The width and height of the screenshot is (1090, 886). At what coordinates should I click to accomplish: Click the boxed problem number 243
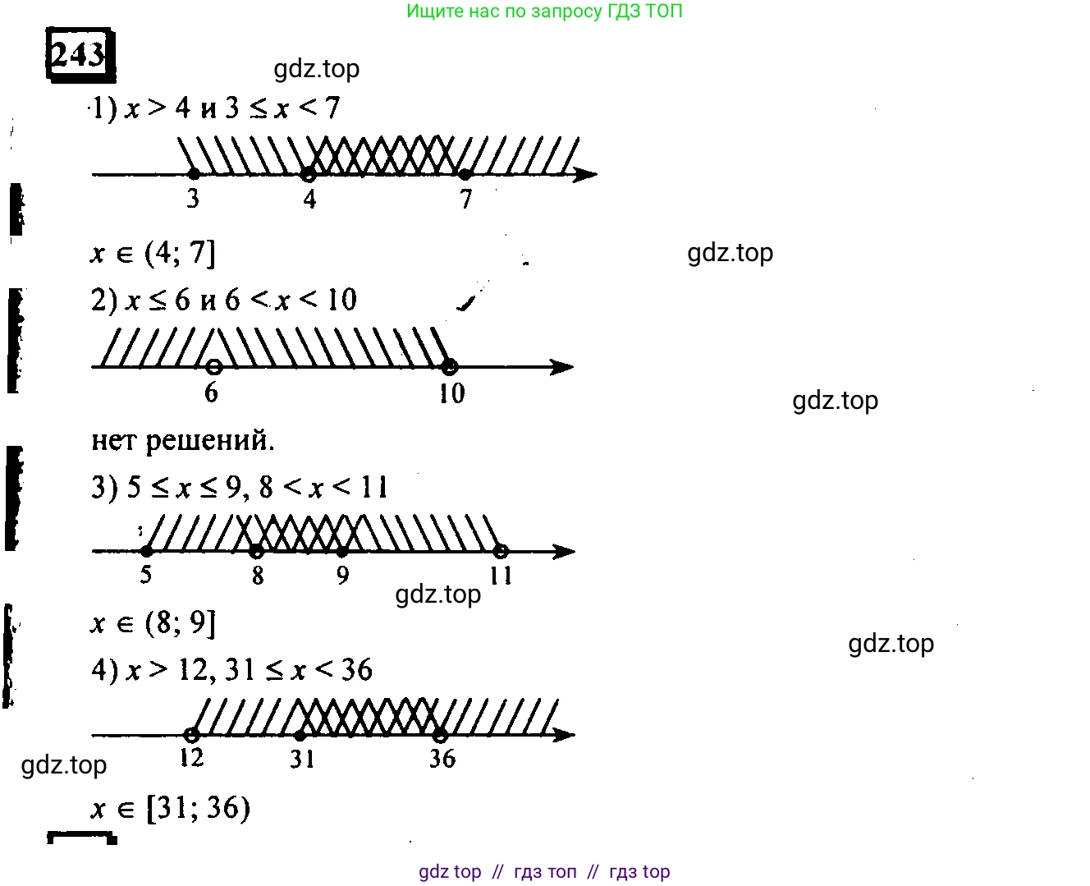78,55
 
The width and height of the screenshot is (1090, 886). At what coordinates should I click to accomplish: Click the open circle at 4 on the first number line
308,174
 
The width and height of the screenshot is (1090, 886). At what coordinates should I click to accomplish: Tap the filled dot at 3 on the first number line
194,174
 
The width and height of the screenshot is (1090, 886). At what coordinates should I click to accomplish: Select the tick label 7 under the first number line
466,199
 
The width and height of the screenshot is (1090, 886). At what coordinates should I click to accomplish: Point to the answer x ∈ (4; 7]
153,253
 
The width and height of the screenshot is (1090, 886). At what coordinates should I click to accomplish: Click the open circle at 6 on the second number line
213,366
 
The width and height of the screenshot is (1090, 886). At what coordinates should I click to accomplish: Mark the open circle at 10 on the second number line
450,366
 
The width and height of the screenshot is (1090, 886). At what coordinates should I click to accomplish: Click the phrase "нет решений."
182,440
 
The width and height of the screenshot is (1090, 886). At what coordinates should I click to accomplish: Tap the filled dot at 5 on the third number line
146,551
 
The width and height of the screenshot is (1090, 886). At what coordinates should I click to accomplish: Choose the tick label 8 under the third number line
258,576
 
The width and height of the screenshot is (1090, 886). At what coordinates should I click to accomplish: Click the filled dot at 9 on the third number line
342,551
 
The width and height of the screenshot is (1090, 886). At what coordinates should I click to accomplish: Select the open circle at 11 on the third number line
501,551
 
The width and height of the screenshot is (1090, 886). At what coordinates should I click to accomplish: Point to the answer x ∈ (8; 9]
153,624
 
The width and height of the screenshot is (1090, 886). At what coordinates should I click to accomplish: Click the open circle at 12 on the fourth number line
191,734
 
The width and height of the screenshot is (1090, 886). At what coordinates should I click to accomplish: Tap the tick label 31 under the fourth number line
302,759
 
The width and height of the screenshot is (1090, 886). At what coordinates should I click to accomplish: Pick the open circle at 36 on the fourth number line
441,734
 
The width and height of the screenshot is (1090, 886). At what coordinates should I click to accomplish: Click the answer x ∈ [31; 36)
170,809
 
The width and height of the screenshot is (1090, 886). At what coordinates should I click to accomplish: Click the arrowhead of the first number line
585,174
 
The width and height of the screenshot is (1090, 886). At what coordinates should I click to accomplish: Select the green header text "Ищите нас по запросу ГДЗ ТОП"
544,11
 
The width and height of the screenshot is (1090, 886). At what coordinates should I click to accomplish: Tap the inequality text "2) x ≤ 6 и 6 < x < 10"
223,301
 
